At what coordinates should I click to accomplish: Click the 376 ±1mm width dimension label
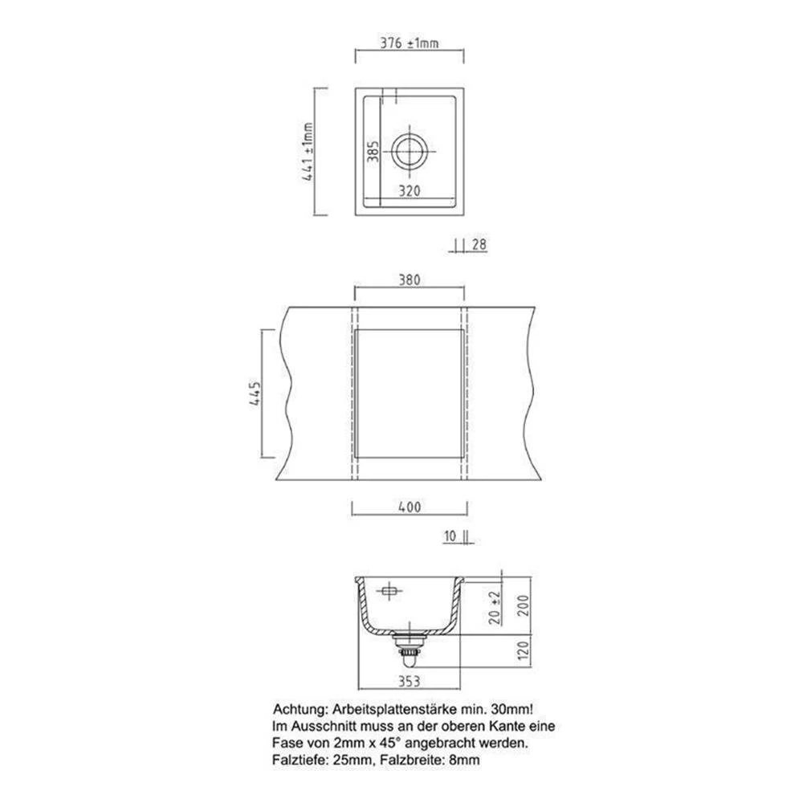(410, 43)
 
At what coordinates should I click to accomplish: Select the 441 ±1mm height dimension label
(308, 152)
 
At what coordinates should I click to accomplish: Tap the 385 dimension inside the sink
(373, 152)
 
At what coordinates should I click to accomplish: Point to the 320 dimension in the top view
(410, 191)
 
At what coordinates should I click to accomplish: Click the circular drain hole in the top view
(410, 152)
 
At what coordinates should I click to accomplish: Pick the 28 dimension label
(479, 245)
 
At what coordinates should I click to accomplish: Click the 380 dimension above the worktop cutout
(410, 279)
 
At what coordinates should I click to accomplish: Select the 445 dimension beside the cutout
(255, 393)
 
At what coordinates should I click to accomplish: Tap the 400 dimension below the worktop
(410, 507)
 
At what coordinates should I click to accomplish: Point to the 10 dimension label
(450, 536)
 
